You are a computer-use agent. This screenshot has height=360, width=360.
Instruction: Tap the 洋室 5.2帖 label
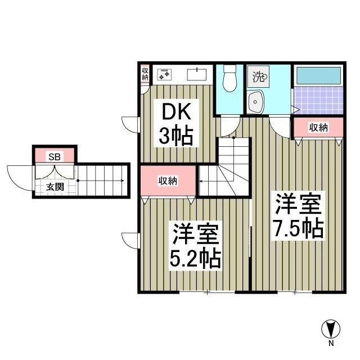click(x=195, y=246)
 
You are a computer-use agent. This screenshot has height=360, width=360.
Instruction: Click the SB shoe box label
click(x=54, y=156)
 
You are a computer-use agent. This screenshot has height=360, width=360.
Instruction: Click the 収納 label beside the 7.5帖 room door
click(x=318, y=128)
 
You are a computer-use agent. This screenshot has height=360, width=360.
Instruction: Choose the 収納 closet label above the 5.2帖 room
click(x=168, y=181)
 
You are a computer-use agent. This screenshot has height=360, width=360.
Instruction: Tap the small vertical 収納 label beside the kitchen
click(x=145, y=74)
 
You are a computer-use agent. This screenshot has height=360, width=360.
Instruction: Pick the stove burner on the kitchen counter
click(x=164, y=74)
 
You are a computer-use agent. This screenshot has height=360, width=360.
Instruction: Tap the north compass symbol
click(x=331, y=328)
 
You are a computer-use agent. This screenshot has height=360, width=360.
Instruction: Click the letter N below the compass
click(x=331, y=343)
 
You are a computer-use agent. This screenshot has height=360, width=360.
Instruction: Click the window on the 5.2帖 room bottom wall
click(x=207, y=292)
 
